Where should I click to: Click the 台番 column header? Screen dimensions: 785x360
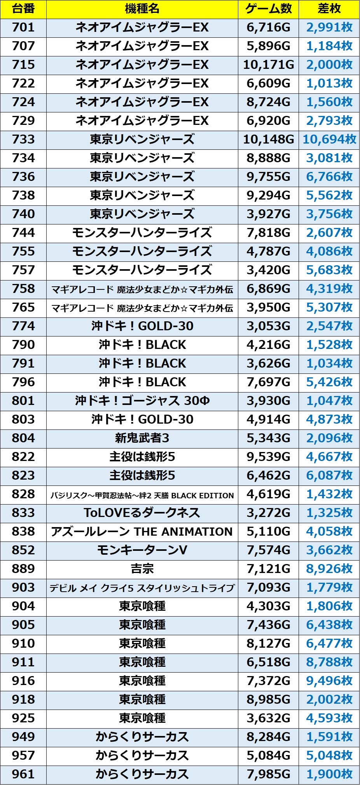tap(23, 9)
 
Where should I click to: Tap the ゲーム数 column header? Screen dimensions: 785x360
tap(268, 9)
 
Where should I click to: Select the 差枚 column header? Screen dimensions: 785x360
tap(329, 9)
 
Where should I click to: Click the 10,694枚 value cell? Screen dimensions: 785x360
tap(329, 139)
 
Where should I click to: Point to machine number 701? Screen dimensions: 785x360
tap(23, 28)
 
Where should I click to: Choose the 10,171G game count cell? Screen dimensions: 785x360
tap(268, 65)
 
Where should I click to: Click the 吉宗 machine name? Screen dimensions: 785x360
tap(142, 569)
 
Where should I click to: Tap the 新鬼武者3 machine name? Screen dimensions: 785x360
tap(142, 438)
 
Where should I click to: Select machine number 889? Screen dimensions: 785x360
tap(23, 569)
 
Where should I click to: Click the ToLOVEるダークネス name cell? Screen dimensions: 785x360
tap(142, 513)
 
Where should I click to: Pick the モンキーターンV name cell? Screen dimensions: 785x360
tap(142, 550)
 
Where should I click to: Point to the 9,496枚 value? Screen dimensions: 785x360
tap(329, 681)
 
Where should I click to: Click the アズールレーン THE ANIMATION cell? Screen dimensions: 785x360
tap(142, 531)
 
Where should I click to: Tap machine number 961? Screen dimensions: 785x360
tap(23, 774)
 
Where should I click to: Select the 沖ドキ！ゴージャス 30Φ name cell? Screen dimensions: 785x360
tap(142, 401)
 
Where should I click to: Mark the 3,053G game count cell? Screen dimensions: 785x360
tap(268, 326)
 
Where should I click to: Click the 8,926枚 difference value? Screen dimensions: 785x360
tap(329, 569)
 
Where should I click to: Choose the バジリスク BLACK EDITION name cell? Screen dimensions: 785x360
tap(142, 494)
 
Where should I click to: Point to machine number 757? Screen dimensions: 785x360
tap(23, 270)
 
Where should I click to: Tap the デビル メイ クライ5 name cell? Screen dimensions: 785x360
tap(142, 587)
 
